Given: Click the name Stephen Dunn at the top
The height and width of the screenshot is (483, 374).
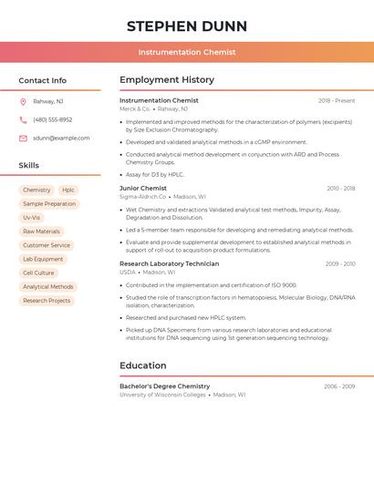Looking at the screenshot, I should point(187,26).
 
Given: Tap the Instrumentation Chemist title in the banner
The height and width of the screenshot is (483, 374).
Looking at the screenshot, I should point(187,52).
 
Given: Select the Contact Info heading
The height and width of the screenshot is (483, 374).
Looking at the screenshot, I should point(43,80).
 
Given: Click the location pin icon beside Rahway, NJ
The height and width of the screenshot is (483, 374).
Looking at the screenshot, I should point(23,101).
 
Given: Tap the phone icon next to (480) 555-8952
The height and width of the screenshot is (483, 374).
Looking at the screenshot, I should point(23,119).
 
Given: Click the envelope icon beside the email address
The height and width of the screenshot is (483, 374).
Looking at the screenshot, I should point(23,139).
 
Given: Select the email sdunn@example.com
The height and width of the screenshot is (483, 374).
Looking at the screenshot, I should point(61,139).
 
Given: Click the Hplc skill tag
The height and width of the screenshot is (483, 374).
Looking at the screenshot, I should point(68,190).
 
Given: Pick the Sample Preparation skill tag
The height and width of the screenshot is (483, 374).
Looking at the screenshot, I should point(49,204).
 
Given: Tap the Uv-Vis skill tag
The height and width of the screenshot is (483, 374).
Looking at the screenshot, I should point(32,218).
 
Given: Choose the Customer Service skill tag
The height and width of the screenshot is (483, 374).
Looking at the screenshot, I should point(47,245).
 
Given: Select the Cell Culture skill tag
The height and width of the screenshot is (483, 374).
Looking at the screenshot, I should point(38,272).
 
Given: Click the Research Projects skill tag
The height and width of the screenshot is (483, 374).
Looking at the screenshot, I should point(47,300).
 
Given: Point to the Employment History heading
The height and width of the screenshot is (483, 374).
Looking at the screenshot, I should point(167,80).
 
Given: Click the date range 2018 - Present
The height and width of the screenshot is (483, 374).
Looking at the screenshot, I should point(337,100).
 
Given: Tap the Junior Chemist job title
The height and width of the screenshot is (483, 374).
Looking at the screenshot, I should point(143,188).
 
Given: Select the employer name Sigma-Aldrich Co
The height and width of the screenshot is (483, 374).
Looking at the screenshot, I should point(142,197).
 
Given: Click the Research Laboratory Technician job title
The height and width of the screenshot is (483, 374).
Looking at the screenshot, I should point(169,263).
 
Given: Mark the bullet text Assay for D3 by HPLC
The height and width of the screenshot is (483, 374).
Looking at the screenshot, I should point(155,174).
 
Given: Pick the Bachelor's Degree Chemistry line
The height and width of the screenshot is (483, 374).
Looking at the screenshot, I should point(164,386).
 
